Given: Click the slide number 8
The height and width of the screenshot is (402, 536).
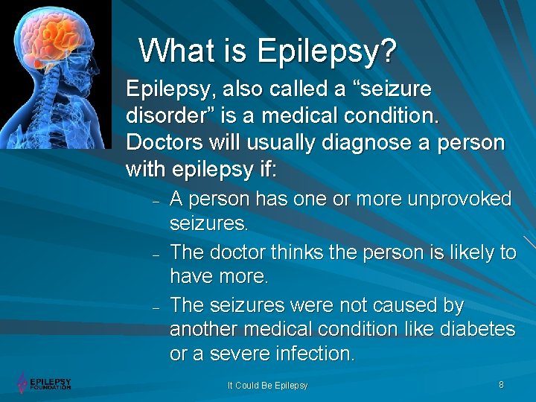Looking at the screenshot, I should pos(501,385).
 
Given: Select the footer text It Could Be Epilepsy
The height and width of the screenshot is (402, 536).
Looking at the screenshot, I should pos(267,386).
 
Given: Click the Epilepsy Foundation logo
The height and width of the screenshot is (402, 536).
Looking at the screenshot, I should pos(44,383).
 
